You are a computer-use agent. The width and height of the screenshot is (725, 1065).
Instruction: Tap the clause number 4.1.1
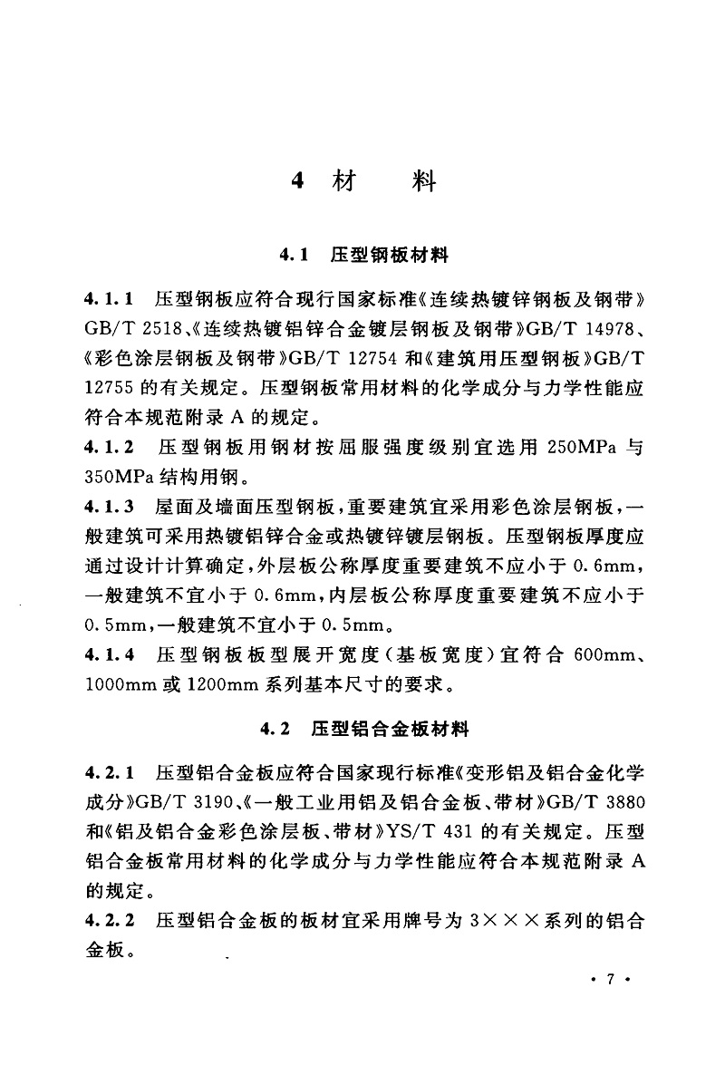tap(108, 297)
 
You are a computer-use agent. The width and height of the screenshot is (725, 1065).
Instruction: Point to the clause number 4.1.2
tap(108, 448)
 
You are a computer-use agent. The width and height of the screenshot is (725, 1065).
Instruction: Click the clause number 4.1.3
tap(108, 506)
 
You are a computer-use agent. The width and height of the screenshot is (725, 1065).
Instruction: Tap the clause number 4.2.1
tap(108, 773)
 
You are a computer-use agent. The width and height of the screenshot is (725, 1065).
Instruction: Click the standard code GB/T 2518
tap(127, 327)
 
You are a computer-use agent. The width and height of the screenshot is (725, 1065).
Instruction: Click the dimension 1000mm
tap(121, 684)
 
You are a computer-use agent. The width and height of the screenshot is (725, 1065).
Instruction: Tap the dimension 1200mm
tap(226, 684)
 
